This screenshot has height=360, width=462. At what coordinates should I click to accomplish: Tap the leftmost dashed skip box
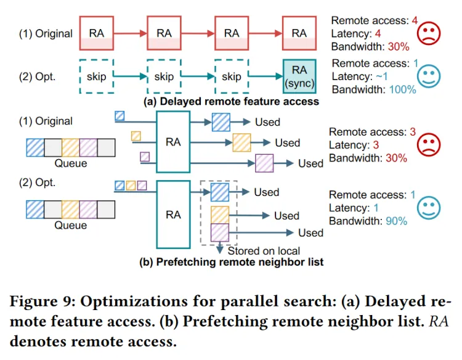pos(96,76)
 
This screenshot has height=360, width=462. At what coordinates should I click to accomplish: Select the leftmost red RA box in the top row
pos(96,33)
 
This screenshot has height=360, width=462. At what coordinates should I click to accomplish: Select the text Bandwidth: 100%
pos(374,89)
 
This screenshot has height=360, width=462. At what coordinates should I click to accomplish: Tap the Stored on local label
pos(264,251)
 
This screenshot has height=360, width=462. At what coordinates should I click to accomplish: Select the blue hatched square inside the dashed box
pos(220,192)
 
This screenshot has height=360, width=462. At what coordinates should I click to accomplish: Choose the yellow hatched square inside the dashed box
pos(220,214)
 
